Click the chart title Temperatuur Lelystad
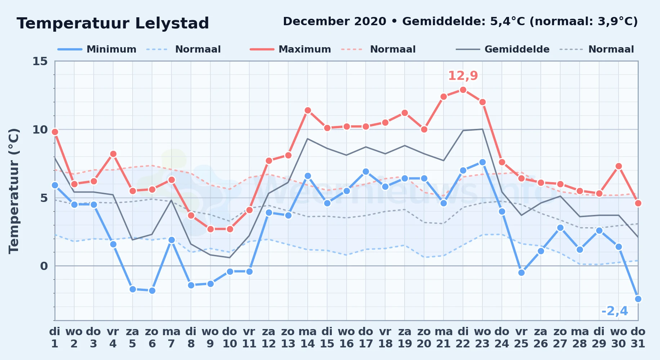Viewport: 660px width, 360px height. click(113, 23)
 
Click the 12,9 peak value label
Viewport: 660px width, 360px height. click(463, 76)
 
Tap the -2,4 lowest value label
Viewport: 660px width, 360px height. click(615, 311)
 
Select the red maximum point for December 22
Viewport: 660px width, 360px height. click(463, 90)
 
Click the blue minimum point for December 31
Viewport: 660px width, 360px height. click(638, 299)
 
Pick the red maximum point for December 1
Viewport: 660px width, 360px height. click(55, 132)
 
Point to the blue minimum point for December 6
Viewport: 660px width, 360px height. click(152, 291)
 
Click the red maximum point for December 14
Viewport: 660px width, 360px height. click(308, 110)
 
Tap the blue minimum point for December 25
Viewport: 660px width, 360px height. click(521, 273)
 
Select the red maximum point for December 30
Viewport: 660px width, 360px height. click(619, 166)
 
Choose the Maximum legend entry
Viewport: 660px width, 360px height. click(290, 49)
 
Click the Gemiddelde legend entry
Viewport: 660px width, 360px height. click(503, 49)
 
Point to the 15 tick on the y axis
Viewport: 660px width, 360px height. click(40, 61)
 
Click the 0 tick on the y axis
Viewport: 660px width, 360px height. click(44, 266)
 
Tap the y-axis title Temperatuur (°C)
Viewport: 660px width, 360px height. click(14, 191)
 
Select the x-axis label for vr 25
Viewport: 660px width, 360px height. click(521, 338)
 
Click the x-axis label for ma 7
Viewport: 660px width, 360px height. click(171, 338)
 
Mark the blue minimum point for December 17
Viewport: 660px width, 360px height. click(366, 171)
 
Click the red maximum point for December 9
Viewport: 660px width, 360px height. click(210, 229)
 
